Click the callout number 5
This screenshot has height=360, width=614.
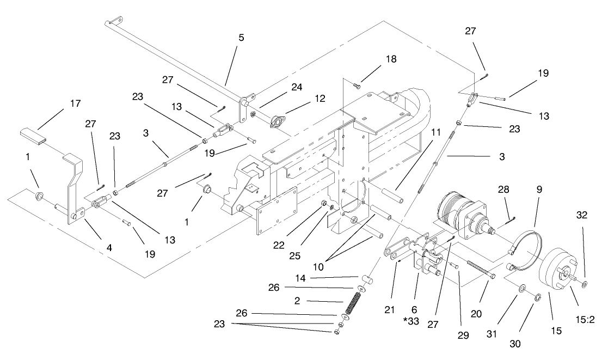[x=241, y=38]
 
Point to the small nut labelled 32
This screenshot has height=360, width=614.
[x=584, y=284]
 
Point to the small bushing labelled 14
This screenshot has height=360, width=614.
[x=367, y=279]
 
